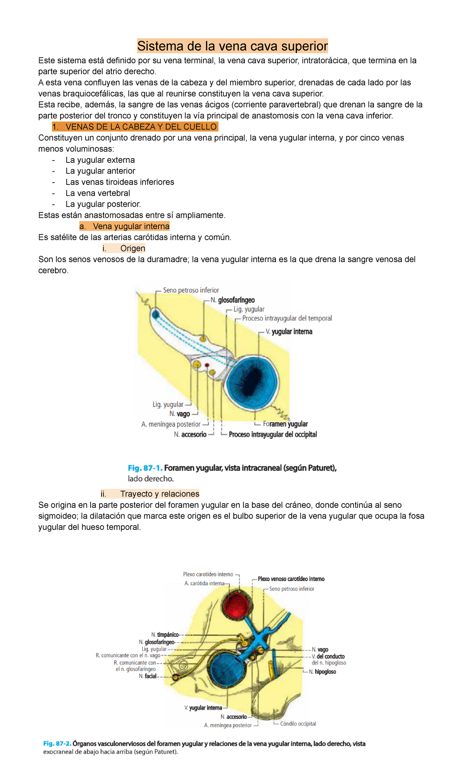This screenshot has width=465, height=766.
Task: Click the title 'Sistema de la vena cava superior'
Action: click(x=232, y=46)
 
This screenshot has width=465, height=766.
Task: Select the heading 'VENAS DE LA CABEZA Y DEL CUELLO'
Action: click(x=141, y=127)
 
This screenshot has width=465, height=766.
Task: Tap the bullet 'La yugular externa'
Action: click(x=100, y=160)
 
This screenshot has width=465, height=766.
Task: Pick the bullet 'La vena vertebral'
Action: click(x=98, y=193)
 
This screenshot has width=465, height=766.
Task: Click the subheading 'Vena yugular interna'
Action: click(x=131, y=226)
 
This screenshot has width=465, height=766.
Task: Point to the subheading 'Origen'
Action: click(x=133, y=248)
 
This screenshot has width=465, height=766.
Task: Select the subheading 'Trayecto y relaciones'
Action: click(x=160, y=494)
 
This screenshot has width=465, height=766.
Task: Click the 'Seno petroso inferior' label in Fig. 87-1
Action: click(x=191, y=290)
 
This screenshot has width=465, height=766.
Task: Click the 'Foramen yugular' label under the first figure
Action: click(x=285, y=424)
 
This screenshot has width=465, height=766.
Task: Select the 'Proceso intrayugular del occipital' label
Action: click(x=273, y=435)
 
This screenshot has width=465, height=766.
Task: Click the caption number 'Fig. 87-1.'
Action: click(x=145, y=468)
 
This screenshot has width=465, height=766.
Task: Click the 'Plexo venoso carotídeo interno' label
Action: click(x=291, y=579)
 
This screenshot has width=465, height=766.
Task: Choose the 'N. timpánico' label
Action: click(x=165, y=635)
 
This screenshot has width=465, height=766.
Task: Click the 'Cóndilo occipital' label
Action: click(x=298, y=724)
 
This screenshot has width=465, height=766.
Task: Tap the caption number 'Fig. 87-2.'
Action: click(x=57, y=744)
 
